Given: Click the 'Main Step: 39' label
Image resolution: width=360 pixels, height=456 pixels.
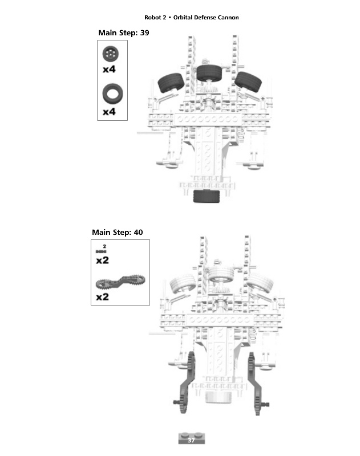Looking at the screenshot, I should (x=124, y=33).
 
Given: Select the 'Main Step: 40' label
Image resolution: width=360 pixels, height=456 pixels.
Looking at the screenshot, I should (x=118, y=233).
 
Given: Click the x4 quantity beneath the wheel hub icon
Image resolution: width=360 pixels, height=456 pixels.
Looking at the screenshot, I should (x=109, y=70).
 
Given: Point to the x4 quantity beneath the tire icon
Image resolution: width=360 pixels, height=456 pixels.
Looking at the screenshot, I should (x=109, y=112).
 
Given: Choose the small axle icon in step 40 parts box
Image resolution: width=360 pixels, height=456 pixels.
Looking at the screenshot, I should (x=102, y=250).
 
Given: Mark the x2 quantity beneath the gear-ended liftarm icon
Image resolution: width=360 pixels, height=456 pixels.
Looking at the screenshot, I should (x=103, y=297).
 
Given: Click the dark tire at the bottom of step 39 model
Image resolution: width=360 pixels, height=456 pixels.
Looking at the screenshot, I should (x=207, y=197).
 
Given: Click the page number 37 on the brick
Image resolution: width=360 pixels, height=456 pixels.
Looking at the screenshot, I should (x=192, y=440).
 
